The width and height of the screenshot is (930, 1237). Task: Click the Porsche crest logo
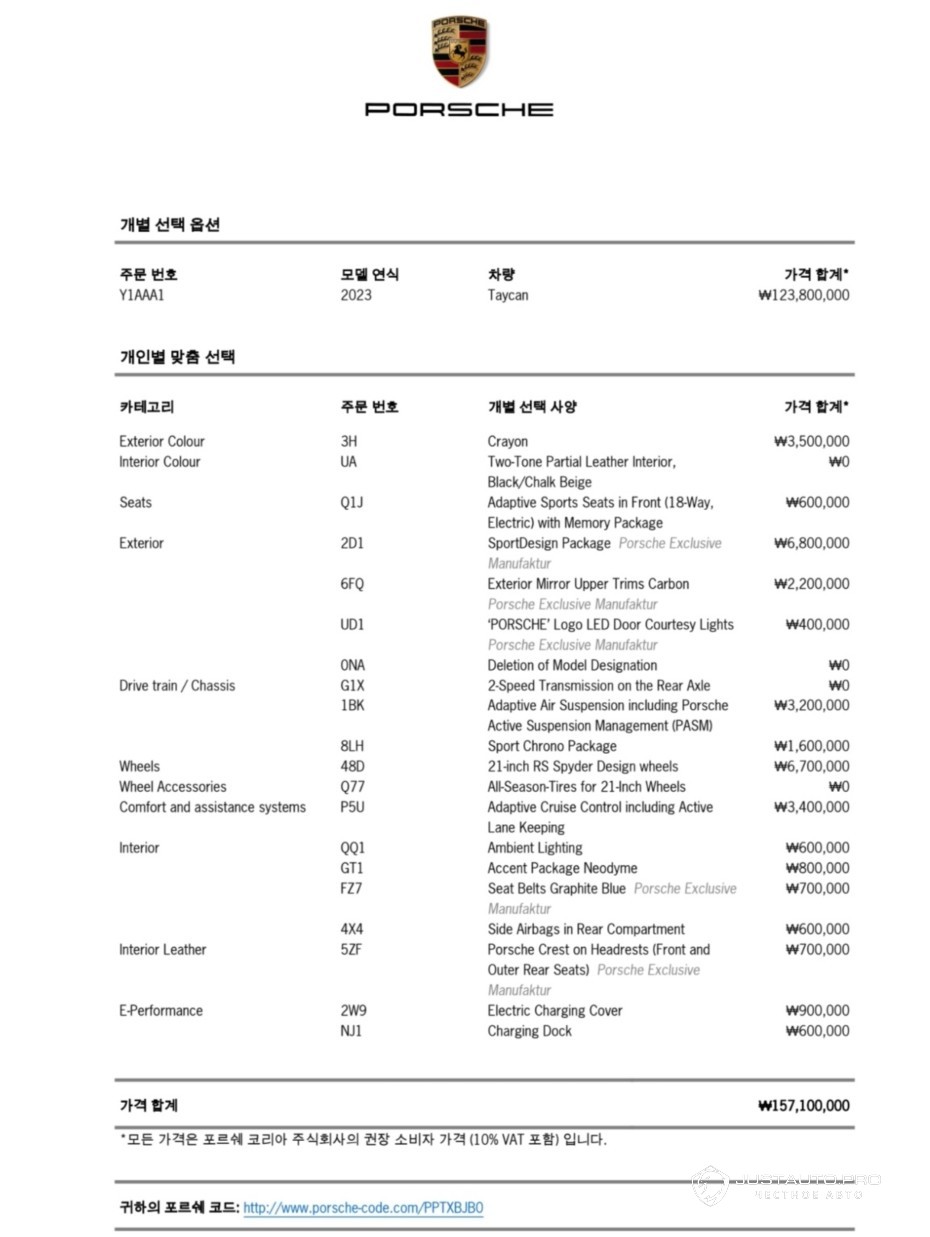click(460, 51)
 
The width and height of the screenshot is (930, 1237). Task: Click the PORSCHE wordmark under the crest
click(459, 109)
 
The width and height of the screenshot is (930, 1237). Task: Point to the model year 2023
click(355, 295)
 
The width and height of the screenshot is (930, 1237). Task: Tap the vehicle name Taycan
click(508, 295)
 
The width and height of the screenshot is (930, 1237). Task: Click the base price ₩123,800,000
click(804, 295)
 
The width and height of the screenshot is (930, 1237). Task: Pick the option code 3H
click(348, 441)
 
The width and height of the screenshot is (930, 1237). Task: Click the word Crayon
click(507, 441)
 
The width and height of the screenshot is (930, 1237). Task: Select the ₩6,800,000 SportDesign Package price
click(811, 543)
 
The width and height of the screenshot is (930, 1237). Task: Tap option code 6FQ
click(352, 584)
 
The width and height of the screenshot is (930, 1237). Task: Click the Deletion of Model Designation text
click(572, 665)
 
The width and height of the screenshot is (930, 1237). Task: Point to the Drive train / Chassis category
click(177, 685)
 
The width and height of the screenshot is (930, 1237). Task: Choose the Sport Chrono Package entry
click(551, 746)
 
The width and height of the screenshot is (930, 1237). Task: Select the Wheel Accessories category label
click(172, 787)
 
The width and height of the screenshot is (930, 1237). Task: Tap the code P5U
click(352, 807)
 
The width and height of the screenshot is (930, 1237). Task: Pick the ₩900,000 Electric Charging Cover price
click(817, 1010)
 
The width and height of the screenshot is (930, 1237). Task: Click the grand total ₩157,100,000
click(804, 1105)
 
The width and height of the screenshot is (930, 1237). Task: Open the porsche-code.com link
click(363, 1208)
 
